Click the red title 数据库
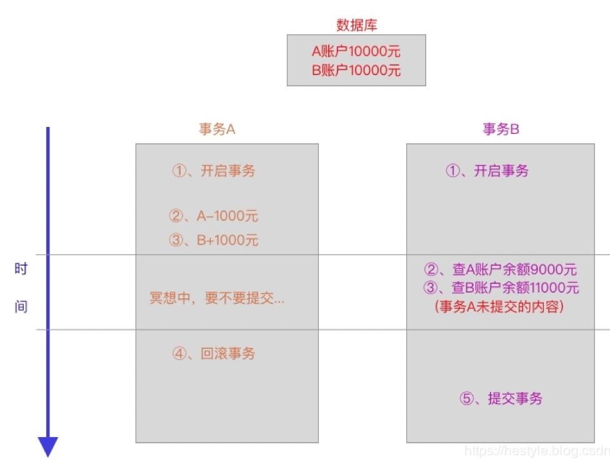tap(356, 25)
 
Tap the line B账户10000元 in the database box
tap(356, 70)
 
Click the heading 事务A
tap(217, 129)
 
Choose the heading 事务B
tap(501, 129)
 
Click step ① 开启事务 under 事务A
tap(214, 171)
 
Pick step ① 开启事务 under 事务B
tap(487, 171)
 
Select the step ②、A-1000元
tap(213, 216)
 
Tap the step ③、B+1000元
tap(213, 240)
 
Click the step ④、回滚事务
tap(214, 353)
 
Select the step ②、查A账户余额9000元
tap(500, 270)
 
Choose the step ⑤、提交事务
tap(501, 398)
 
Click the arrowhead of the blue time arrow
tap(48, 446)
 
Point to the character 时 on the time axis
tap(21, 270)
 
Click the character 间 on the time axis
tap(21, 307)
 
